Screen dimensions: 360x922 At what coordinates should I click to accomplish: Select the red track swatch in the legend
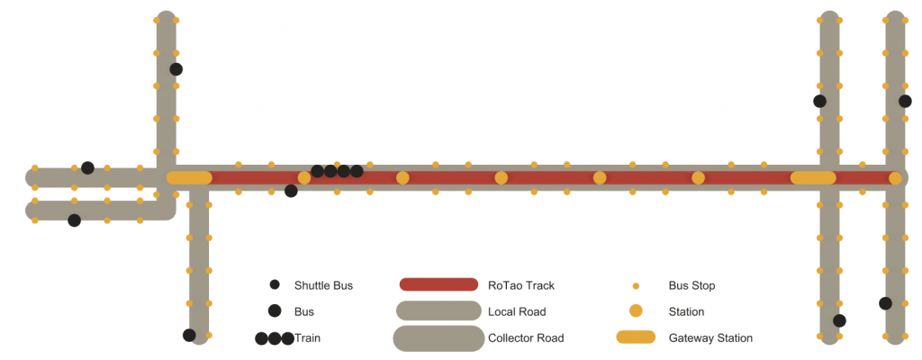(438, 285)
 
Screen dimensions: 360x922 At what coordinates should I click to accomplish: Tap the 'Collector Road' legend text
(525, 338)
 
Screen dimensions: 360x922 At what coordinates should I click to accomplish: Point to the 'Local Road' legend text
(516, 311)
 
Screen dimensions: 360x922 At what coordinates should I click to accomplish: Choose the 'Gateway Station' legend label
(710, 338)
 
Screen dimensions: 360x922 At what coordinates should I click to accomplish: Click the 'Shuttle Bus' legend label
(323, 285)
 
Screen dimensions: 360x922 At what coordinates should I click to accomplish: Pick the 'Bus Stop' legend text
(691, 285)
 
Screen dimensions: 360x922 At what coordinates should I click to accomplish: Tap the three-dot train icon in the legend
(275, 338)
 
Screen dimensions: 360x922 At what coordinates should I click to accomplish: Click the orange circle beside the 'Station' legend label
(636, 311)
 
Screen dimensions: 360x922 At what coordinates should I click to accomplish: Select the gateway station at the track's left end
(189, 178)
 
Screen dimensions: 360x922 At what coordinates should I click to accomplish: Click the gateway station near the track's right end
(813, 178)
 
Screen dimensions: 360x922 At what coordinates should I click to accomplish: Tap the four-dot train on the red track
(337, 171)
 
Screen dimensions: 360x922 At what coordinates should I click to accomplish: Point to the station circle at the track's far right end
(895, 178)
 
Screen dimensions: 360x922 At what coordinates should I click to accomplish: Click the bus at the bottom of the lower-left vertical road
(189, 336)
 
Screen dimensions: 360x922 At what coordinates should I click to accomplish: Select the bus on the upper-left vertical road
(176, 69)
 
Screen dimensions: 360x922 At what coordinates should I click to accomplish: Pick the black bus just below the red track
(291, 191)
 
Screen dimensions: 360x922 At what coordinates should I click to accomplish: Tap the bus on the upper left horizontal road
(87, 168)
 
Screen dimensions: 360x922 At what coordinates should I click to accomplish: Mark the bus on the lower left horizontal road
(74, 220)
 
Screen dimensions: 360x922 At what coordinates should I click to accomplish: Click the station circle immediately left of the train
(304, 178)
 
